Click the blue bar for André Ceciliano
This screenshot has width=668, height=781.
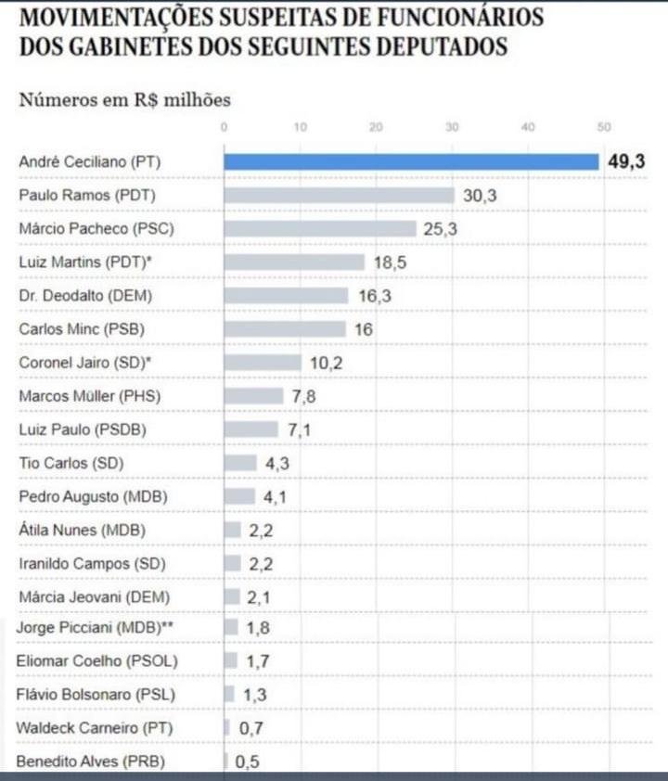click(x=411, y=162)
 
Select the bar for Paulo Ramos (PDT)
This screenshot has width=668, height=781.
click(x=340, y=195)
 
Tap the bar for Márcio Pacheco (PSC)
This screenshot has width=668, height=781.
click(x=320, y=228)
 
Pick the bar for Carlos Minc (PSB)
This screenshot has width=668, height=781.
click(x=285, y=329)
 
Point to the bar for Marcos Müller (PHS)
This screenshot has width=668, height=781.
click(x=253, y=396)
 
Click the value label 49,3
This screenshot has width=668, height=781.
click(x=626, y=161)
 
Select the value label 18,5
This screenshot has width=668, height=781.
click(x=390, y=262)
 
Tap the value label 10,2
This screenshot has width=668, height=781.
click(x=327, y=363)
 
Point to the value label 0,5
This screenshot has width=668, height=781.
click(x=247, y=762)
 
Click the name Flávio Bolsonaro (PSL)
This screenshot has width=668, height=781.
click(x=96, y=695)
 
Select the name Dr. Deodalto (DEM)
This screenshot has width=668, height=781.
click(x=85, y=296)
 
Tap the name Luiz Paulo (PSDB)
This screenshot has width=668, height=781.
click(x=83, y=429)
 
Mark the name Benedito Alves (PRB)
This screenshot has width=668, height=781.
click(x=91, y=762)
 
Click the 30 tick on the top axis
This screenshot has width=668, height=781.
click(x=452, y=127)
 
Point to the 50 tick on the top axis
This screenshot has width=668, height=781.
click(x=604, y=127)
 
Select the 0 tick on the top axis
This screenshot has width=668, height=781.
click(x=225, y=127)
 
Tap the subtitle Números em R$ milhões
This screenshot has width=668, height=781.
click(x=125, y=99)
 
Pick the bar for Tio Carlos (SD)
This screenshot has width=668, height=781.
click(x=240, y=463)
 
